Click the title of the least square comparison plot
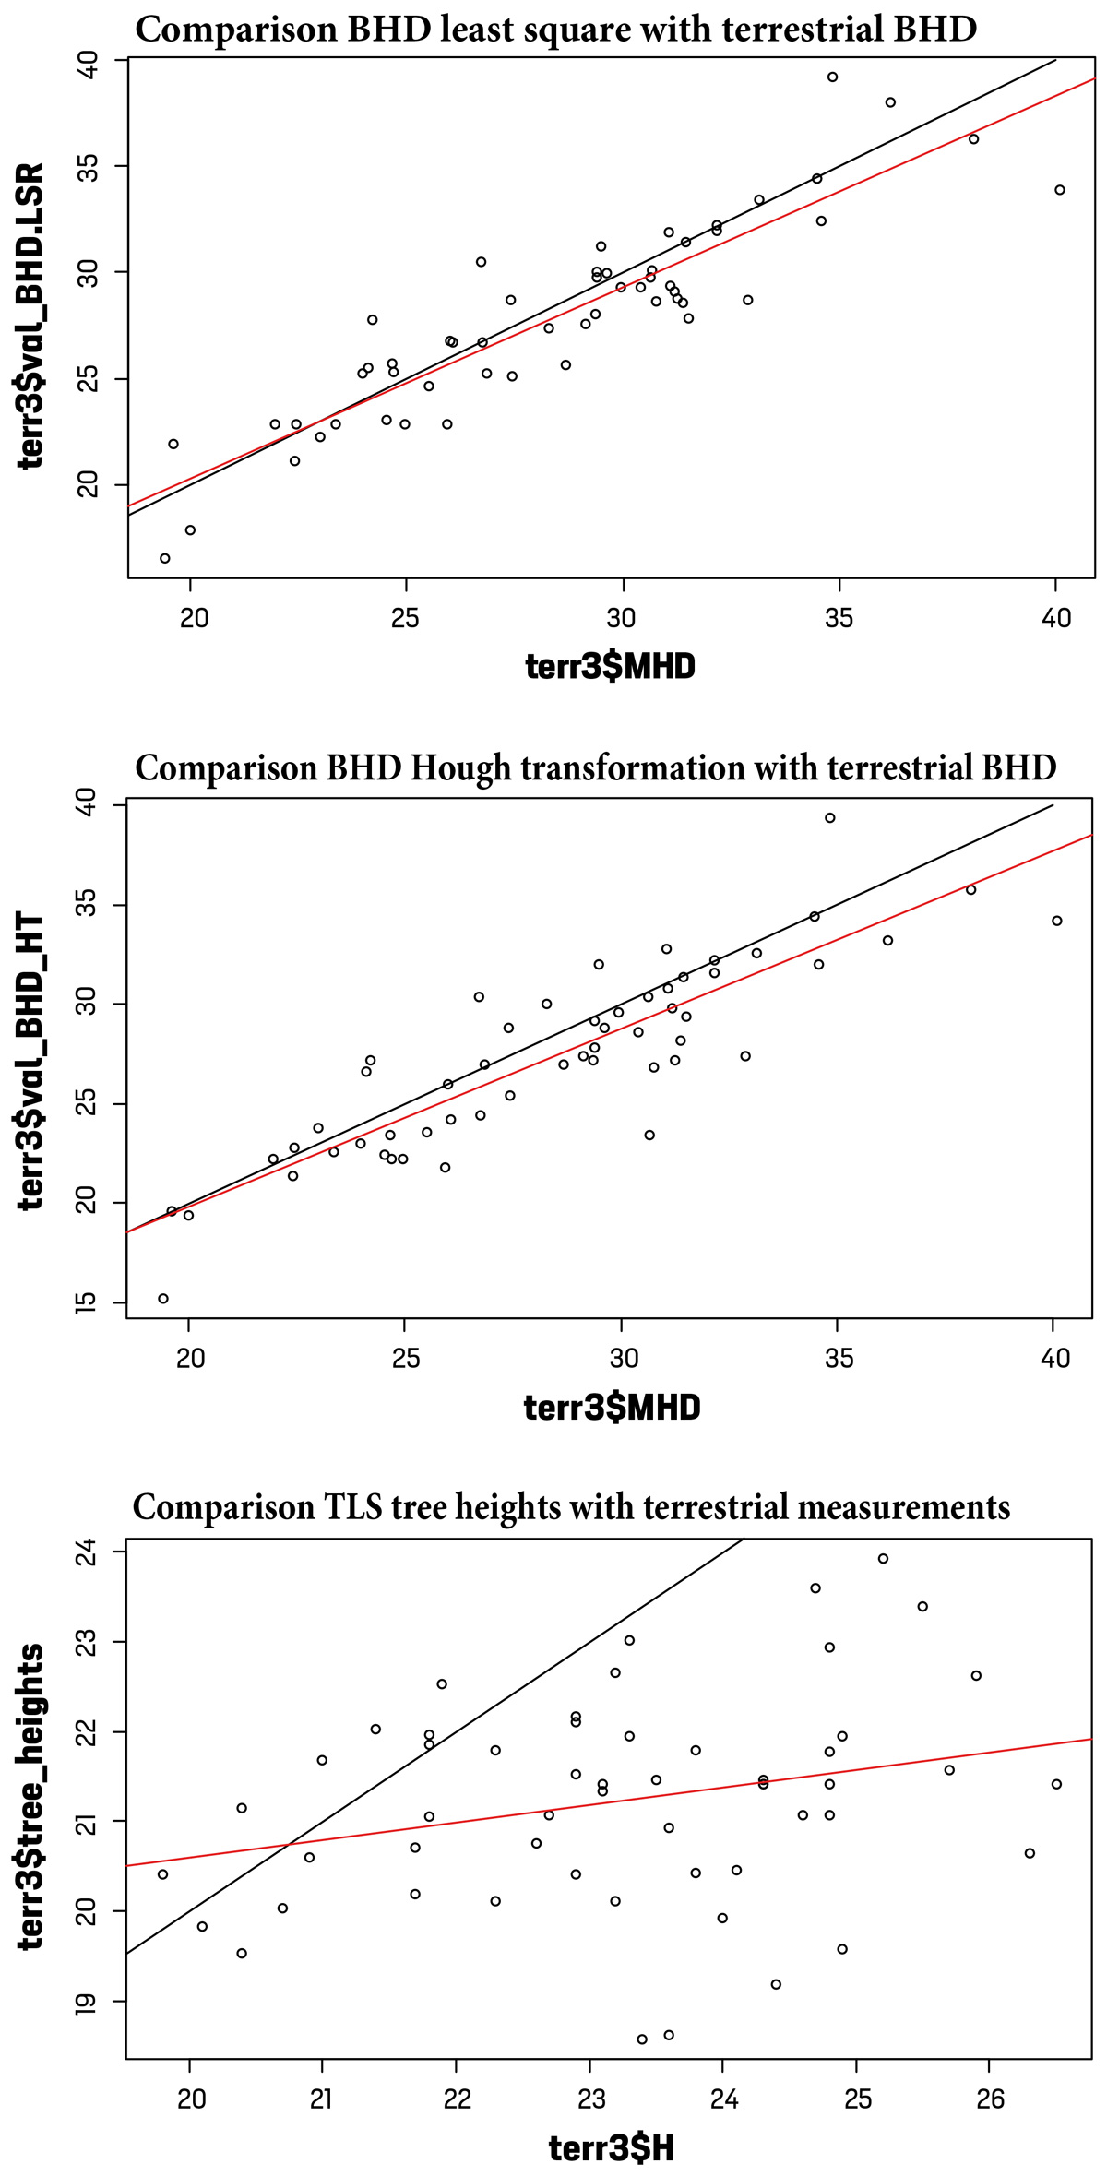555,30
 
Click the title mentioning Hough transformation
595,767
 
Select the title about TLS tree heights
571,1507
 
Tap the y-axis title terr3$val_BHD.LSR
32,316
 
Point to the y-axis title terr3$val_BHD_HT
32,1061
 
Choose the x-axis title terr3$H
611,2148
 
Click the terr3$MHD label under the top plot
610,665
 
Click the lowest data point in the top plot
165,558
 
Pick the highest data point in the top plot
832,77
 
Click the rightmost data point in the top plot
1060,190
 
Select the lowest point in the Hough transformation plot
163,1299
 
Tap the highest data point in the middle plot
830,817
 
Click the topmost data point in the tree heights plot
883,1559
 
